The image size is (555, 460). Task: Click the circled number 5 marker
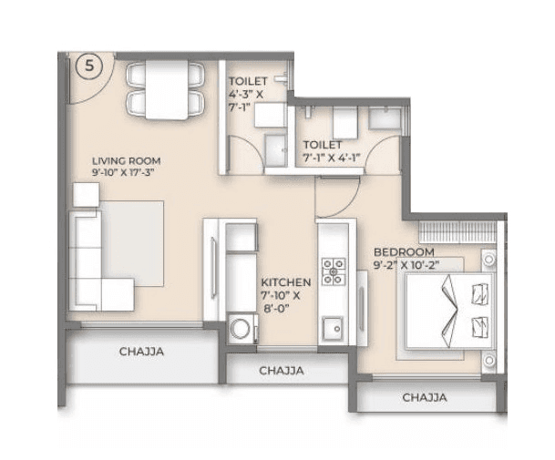tap(88, 65)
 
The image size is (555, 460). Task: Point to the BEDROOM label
tap(403, 251)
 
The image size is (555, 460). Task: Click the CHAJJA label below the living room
tap(141, 352)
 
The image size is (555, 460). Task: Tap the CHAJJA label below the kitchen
tap(282, 371)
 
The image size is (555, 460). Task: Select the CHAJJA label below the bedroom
tap(425, 397)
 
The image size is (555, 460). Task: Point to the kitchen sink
tap(334, 325)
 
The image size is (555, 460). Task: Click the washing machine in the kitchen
tap(242, 328)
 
